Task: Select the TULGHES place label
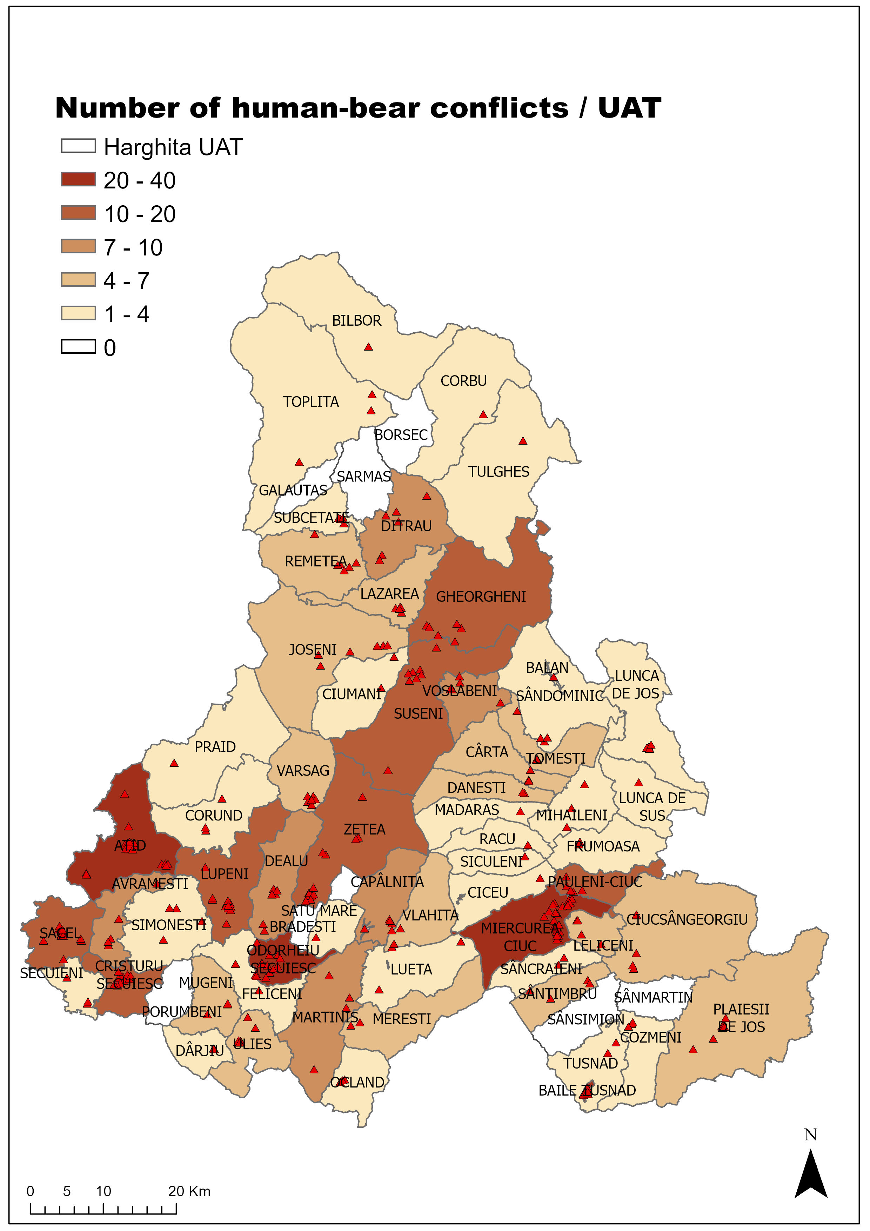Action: [x=498, y=472]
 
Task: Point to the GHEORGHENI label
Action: [x=481, y=597]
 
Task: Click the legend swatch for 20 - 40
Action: [x=78, y=180]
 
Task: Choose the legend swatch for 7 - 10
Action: [x=78, y=247]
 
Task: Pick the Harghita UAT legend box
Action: [x=78, y=146]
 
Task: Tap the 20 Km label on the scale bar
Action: [x=189, y=1191]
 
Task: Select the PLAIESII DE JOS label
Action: [x=741, y=1018]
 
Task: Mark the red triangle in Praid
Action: [x=174, y=763]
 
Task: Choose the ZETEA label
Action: [x=364, y=830]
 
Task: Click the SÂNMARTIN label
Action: [x=653, y=997]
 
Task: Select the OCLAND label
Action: [x=357, y=1083]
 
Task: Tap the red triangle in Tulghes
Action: [x=523, y=441]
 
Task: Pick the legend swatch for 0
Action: [x=78, y=347]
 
